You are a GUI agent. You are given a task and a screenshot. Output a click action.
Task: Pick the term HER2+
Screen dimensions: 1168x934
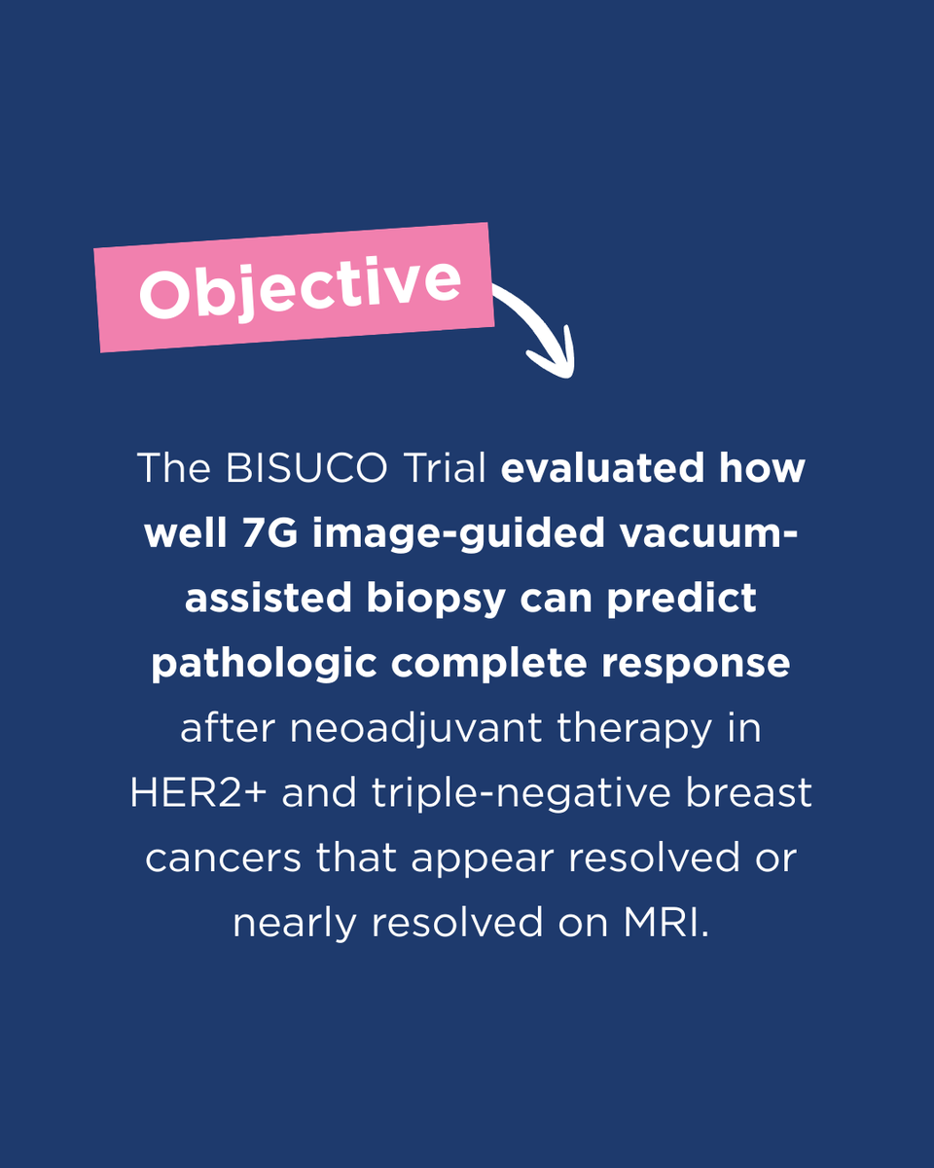point(199,793)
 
